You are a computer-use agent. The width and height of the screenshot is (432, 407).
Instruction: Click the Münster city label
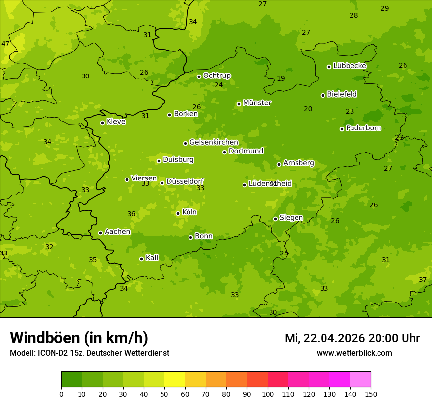pos(257,103)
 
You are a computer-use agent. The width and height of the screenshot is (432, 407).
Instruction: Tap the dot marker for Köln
pos(178,213)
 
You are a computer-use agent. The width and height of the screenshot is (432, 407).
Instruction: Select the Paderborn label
pos(363,128)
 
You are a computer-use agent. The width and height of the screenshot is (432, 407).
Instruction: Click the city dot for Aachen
pos(100,233)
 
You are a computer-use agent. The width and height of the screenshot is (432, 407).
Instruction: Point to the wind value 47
pos(5,44)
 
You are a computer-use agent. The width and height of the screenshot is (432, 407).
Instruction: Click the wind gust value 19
pos(281,78)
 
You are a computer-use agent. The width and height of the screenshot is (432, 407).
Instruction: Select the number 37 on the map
pos(423,280)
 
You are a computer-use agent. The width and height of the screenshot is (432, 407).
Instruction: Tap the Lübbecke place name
pos(350,66)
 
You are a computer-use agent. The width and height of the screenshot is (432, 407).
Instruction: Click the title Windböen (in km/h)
pos(79,338)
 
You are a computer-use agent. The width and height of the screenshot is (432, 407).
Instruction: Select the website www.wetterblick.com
pos(354,353)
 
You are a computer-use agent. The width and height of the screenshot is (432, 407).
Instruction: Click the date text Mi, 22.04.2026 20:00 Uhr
pos(352,338)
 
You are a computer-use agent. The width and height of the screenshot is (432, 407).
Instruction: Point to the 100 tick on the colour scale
pos(268,394)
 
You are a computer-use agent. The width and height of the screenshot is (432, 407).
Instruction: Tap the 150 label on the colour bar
pos(371,394)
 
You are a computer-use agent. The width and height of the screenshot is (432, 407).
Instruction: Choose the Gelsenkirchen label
pos(214,142)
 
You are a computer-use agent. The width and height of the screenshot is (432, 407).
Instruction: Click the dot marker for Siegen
pos(275,219)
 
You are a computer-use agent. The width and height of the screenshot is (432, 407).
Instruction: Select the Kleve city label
pos(116,122)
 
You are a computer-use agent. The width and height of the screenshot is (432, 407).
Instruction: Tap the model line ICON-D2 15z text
pos(89,353)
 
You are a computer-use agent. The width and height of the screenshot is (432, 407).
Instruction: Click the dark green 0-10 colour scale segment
pos(72,380)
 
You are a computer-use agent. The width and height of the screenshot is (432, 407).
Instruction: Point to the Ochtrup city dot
pos(199,76)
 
